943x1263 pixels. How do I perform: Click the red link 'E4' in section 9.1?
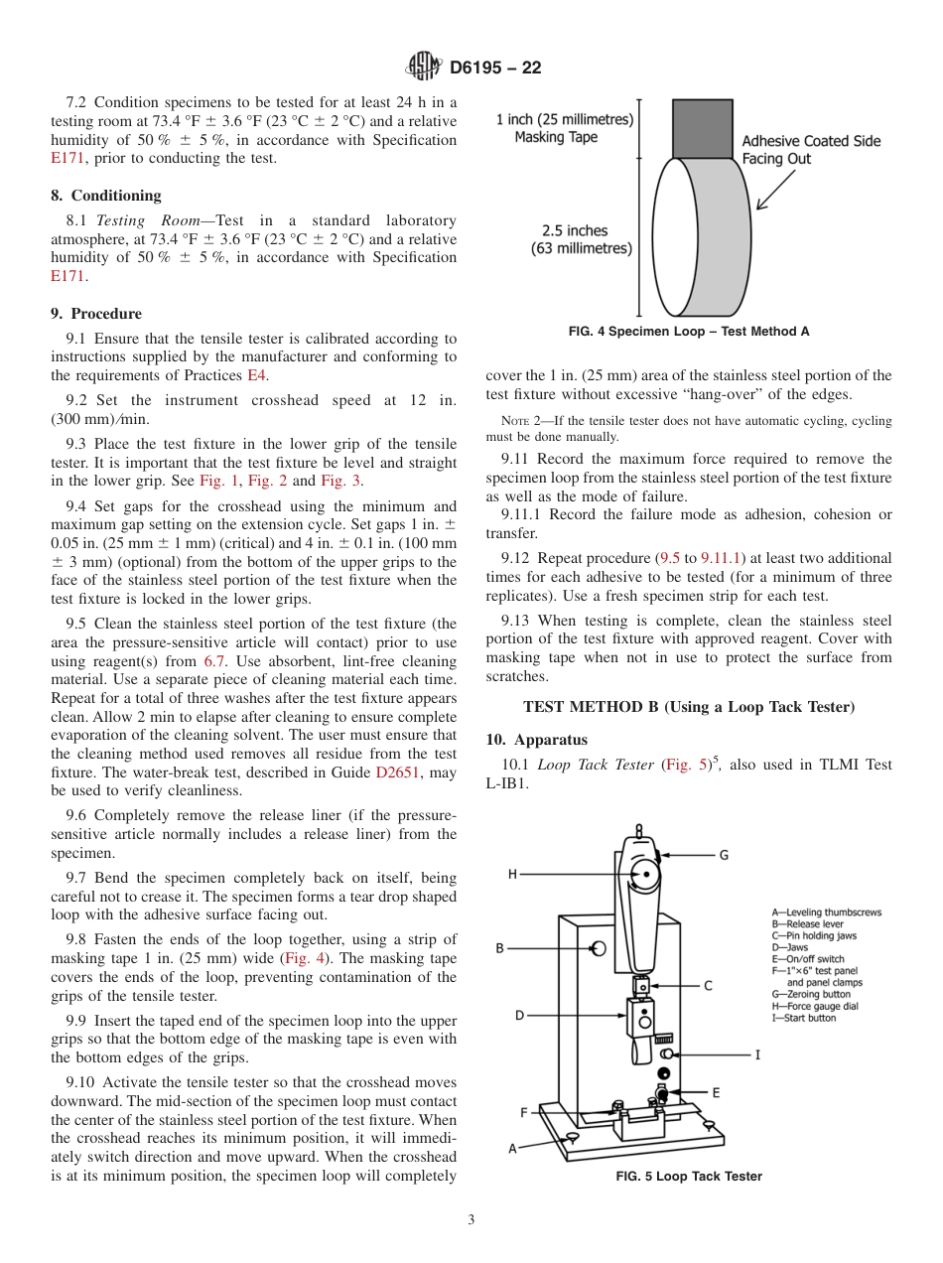point(257,375)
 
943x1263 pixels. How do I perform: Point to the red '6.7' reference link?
point(214,660)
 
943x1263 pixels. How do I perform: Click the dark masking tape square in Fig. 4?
point(702,128)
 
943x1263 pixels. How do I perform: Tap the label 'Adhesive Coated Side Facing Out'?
point(811,150)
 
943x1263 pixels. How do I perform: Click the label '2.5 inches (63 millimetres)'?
point(582,239)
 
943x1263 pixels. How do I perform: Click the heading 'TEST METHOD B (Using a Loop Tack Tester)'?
point(688,707)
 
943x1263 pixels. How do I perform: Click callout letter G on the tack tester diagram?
point(724,855)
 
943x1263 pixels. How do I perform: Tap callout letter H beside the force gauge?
point(512,874)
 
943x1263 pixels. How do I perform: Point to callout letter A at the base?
point(513,1148)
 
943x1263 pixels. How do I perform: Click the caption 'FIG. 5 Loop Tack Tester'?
point(689,1177)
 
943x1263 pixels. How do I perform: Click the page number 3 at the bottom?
point(471,1220)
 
